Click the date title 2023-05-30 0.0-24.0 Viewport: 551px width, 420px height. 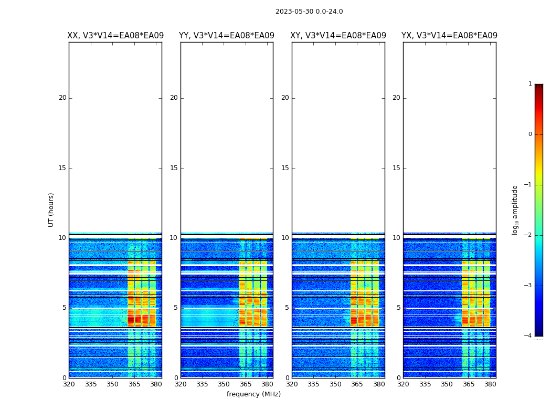pos(309,12)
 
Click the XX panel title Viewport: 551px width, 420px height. pos(115,36)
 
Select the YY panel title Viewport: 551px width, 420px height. pos(227,36)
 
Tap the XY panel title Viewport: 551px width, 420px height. pos(338,36)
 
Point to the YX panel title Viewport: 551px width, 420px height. pos(450,36)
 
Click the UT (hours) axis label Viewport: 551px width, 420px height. pos(51,209)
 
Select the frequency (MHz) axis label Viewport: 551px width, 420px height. pos(253,394)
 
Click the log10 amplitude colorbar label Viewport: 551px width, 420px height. pos(515,209)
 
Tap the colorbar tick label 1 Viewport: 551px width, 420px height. pos(529,84)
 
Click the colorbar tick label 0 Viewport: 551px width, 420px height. pos(529,134)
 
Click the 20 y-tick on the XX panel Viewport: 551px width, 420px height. pos(62,98)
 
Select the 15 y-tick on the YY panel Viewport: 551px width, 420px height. pos(174,168)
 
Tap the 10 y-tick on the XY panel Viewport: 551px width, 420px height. pos(285,238)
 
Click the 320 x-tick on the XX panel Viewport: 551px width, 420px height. pos(69,384)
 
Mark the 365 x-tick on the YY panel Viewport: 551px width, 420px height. pos(246,384)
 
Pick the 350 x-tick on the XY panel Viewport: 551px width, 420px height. pos(335,384)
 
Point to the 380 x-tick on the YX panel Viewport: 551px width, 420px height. pos(490,384)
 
